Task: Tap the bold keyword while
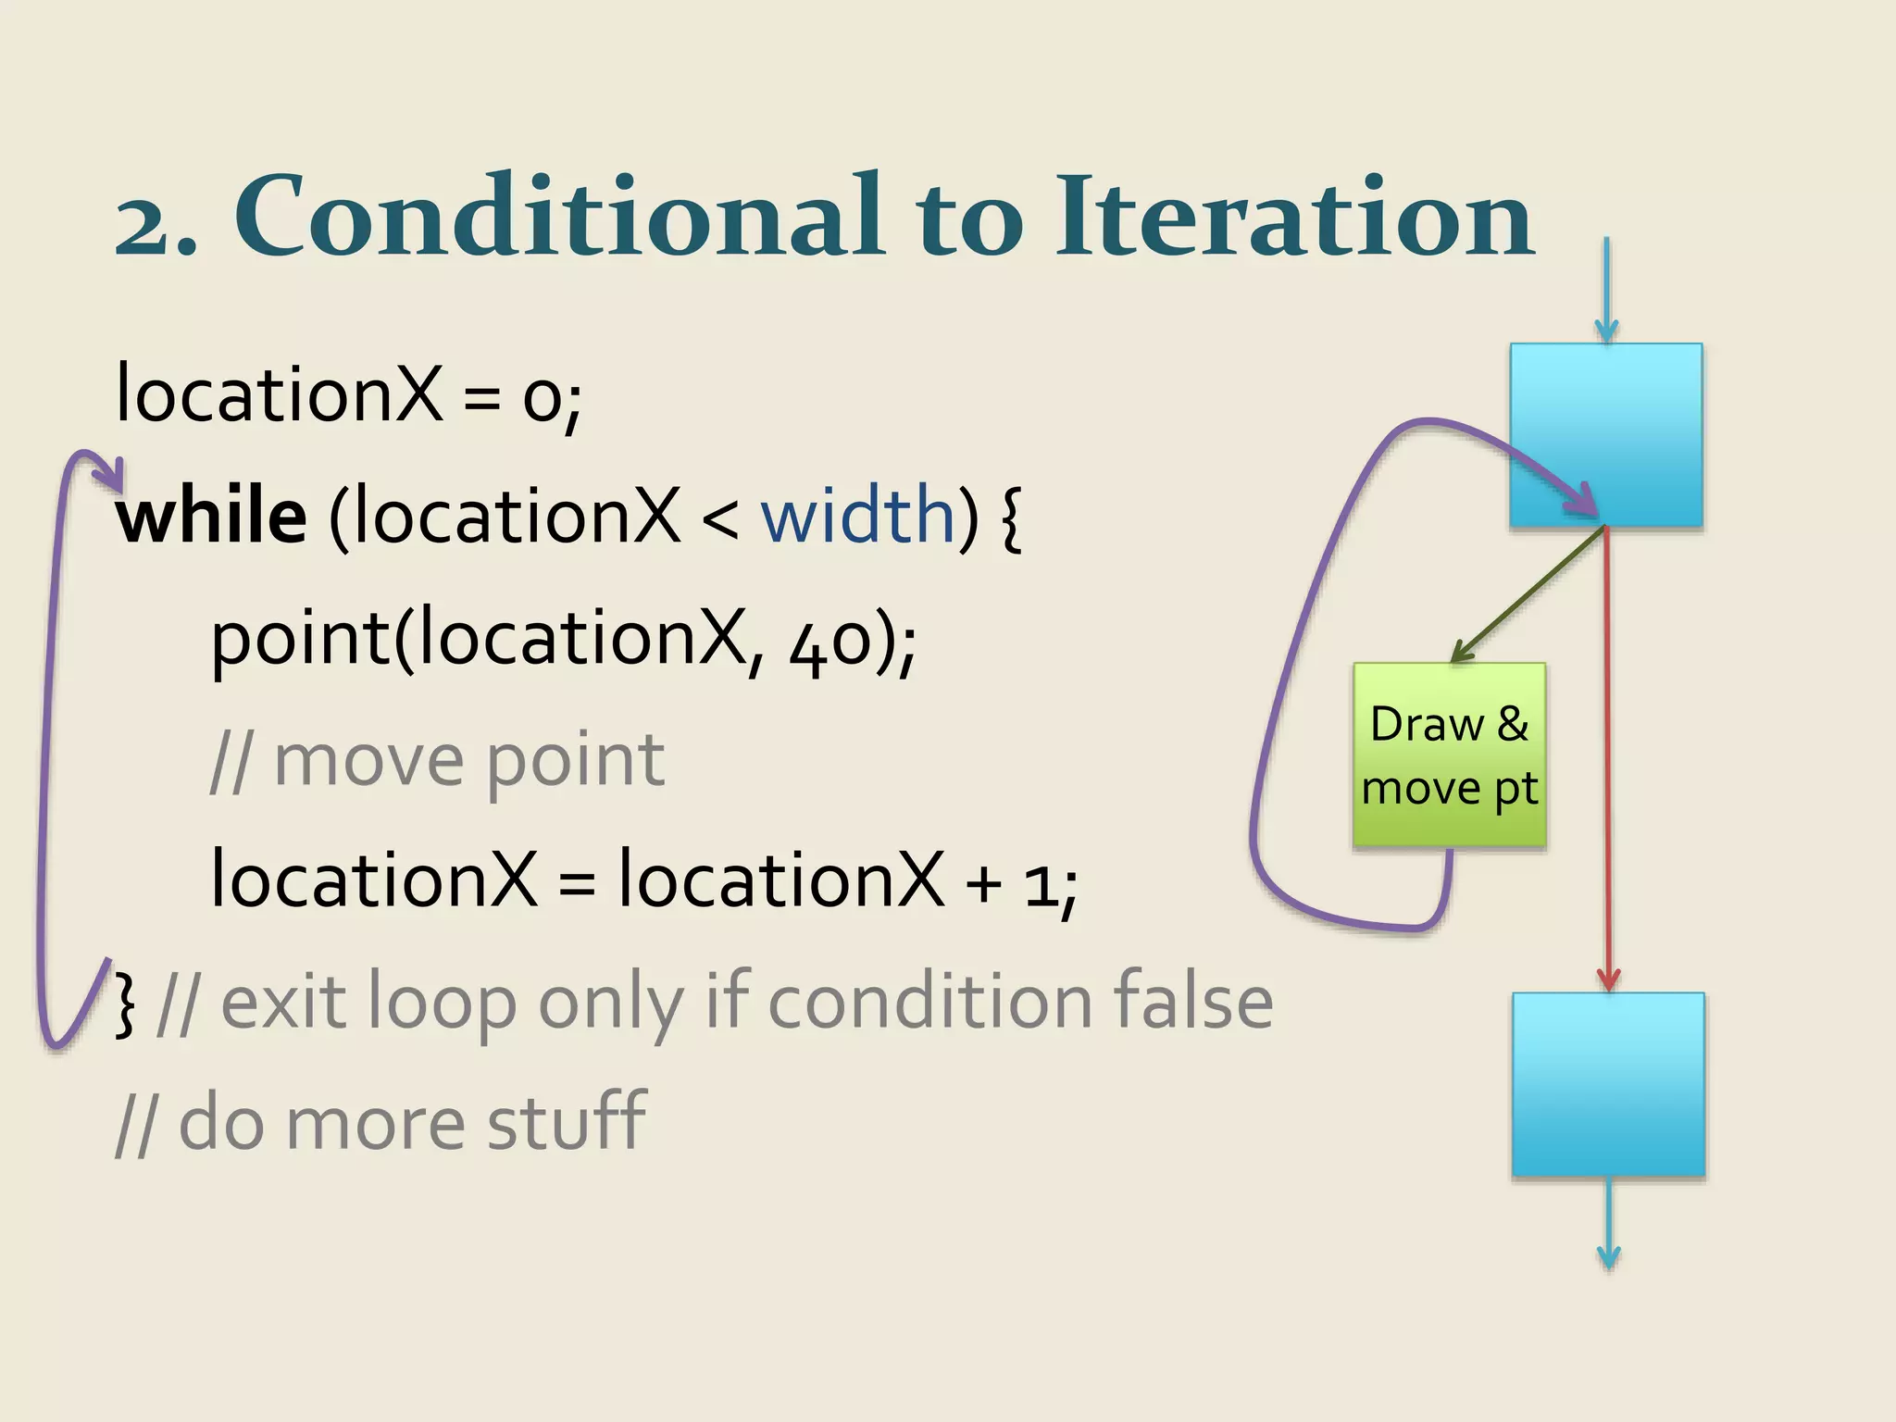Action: (x=211, y=516)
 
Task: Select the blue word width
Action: (x=857, y=516)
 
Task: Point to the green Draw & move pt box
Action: (x=1449, y=755)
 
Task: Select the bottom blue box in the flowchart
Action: (x=1608, y=1084)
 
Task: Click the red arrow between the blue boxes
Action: (x=1607, y=759)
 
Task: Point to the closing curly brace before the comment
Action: (x=125, y=1003)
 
